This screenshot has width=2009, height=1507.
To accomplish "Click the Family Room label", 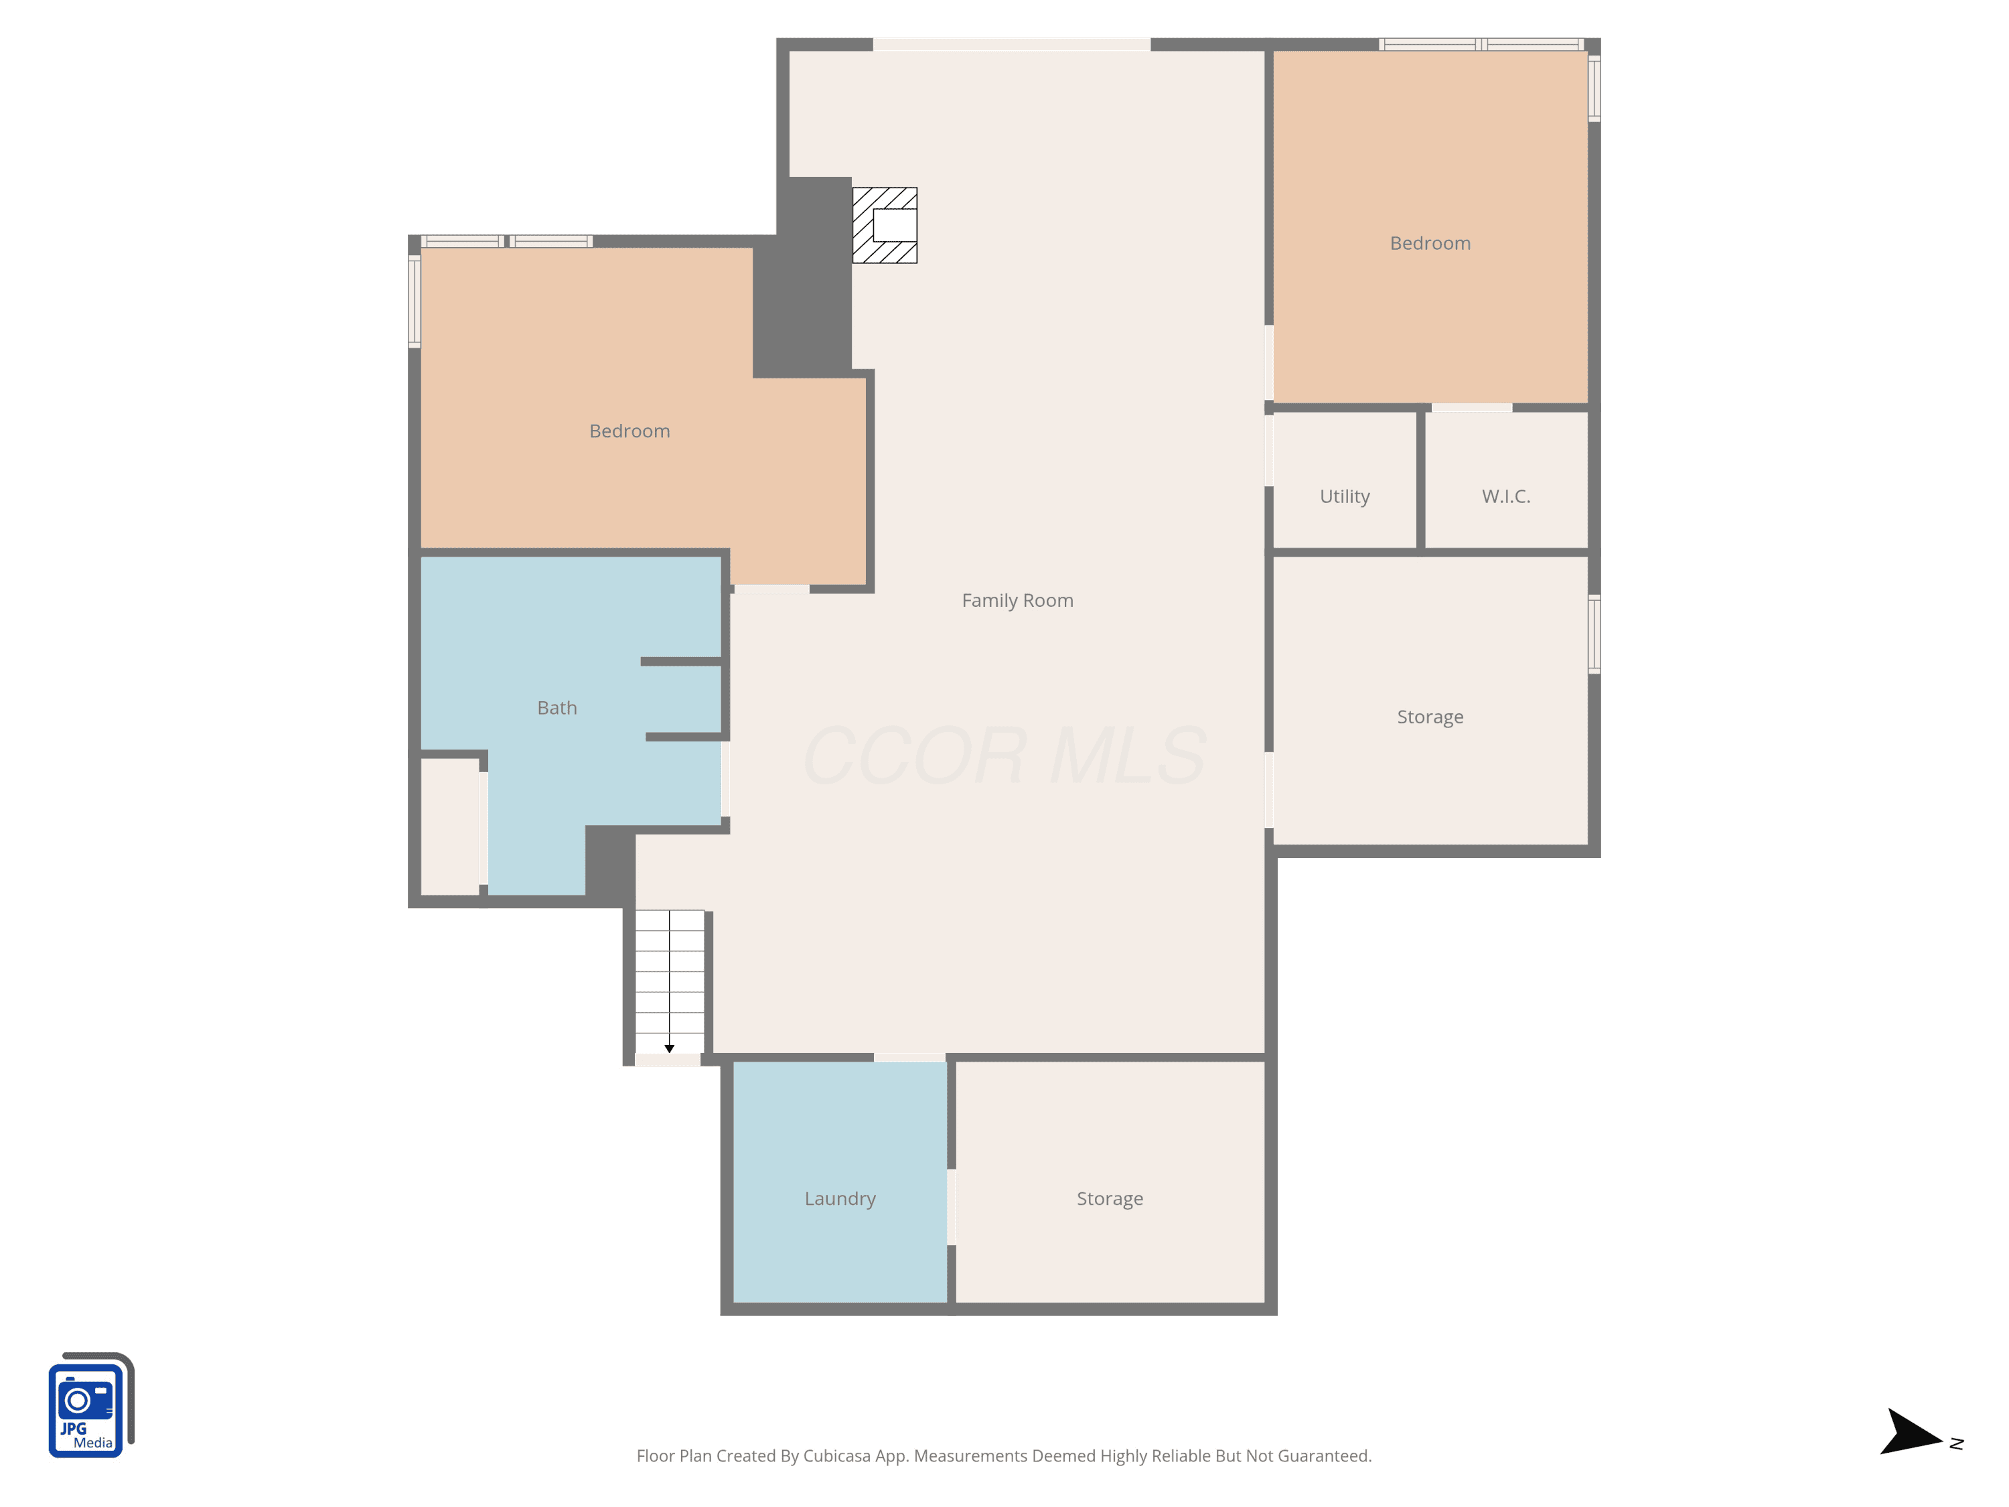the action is tap(1017, 600).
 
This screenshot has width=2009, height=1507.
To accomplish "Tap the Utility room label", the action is tap(1344, 496).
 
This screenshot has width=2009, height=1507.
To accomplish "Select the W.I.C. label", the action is tap(1506, 496).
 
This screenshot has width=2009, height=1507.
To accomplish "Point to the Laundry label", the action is tap(840, 1199).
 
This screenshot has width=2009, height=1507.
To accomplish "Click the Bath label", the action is tap(556, 708).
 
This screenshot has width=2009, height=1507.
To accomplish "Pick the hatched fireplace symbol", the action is tap(885, 225).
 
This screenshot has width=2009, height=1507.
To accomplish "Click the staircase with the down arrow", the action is tap(670, 982).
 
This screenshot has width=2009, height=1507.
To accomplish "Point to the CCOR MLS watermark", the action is tap(1004, 756).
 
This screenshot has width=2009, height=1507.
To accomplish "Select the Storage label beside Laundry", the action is tap(1110, 1199).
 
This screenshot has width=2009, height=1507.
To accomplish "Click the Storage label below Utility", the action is tap(1430, 717).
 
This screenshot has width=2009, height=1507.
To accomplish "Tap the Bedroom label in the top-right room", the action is tap(1430, 243).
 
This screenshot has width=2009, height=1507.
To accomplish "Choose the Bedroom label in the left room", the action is tap(629, 431).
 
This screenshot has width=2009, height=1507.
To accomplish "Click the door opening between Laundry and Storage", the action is tap(951, 1207).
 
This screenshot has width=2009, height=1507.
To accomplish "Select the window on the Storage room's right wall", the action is tap(1594, 634).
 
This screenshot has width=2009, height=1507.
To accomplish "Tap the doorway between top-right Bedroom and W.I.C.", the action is tap(1471, 408).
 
